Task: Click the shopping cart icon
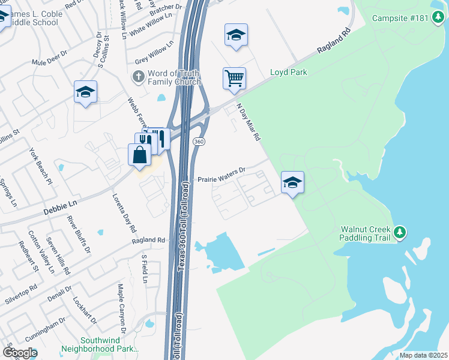pos(234,79)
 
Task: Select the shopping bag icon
pos(139,155)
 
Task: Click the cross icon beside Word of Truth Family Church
pos(137,76)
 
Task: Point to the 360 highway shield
pos(199,140)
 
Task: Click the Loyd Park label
pos(289,73)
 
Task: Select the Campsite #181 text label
pos(400,17)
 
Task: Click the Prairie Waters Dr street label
pos(222,175)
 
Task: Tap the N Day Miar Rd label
pos(249,122)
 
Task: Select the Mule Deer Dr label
pos(48,61)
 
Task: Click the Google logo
pos(20,353)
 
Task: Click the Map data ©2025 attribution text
pos(423,355)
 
